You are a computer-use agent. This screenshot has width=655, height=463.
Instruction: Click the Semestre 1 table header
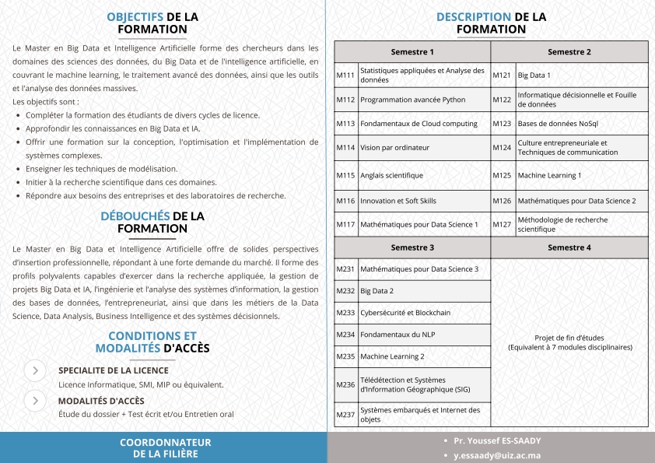(412, 52)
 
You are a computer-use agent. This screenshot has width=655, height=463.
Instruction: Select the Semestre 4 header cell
(569, 247)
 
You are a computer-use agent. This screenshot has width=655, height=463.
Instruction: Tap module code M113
(345, 123)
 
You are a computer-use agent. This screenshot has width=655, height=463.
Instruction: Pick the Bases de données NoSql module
(558, 123)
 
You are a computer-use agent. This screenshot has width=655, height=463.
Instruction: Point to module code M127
(502, 224)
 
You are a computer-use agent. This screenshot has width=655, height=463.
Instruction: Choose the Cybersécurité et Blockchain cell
(405, 313)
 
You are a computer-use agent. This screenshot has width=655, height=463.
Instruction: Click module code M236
(345, 384)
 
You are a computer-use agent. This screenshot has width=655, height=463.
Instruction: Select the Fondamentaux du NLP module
(398, 335)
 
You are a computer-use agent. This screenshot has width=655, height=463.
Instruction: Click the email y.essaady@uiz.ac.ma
(497, 455)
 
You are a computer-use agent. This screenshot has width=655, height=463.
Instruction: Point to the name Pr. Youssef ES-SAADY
(498, 440)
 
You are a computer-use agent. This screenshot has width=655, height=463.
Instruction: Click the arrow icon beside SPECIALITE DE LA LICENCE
(35, 370)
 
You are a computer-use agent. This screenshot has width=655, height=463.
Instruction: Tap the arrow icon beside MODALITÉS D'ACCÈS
(35, 401)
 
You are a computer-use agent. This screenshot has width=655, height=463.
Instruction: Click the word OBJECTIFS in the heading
(135, 16)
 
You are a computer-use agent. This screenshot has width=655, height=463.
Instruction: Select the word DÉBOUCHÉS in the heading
(135, 216)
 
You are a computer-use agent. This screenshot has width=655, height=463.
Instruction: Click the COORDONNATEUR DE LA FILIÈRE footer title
(165, 447)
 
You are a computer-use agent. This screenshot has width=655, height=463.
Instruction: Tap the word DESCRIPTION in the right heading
(473, 16)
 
